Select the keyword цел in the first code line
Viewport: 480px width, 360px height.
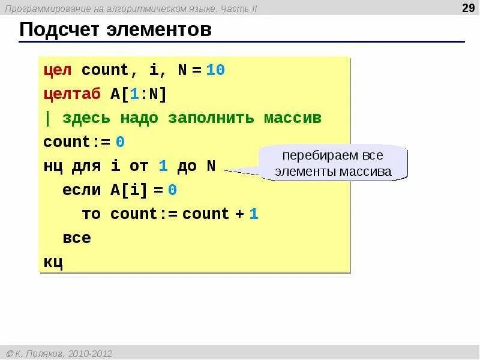tap(58, 70)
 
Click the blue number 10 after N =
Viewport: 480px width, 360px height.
tap(215, 70)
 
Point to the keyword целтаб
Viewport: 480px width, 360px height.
tap(71, 94)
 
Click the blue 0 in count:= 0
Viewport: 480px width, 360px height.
tap(120, 142)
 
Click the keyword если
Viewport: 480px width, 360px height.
tap(82, 190)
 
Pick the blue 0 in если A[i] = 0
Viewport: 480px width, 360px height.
tap(172, 190)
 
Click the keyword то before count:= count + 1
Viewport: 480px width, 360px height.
tap(91, 214)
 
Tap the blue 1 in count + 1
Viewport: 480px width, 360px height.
tap(254, 214)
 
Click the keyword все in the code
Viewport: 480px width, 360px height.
tap(77, 238)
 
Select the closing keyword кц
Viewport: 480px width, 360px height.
tap(53, 262)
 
